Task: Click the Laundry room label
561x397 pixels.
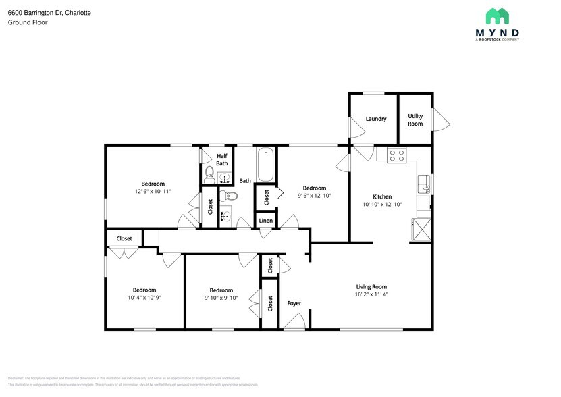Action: pyautogui.click(x=376, y=119)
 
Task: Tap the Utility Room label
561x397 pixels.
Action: pyautogui.click(x=415, y=120)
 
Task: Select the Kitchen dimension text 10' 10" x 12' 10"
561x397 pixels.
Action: pyautogui.click(x=382, y=204)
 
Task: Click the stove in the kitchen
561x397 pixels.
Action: pyautogui.click(x=396, y=155)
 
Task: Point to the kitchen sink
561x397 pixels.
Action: pyautogui.click(x=424, y=184)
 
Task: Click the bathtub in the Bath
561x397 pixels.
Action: pyautogui.click(x=265, y=165)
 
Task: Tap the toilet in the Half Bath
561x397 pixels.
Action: pyautogui.click(x=209, y=175)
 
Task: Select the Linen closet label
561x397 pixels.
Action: pyautogui.click(x=266, y=221)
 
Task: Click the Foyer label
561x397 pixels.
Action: pyautogui.click(x=294, y=303)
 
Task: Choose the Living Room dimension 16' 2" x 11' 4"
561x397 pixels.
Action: pyautogui.click(x=371, y=294)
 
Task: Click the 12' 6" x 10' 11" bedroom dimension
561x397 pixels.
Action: pyautogui.click(x=153, y=192)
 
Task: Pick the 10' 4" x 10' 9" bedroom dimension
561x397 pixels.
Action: pyautogui.click(x=144, y=298)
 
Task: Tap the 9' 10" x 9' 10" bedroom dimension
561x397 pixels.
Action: pyautogui.click(x=221, y=298)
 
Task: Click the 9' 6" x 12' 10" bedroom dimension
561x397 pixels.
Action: pyautogui.click(x=314, y=196)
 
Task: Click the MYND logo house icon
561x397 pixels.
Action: pyautogui.click(x=497, y=16)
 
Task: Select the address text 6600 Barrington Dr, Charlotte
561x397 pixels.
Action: pyautogui.click(x=49, y=13)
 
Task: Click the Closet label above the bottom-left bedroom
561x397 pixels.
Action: pyautogui.click(x=124, y=238)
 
